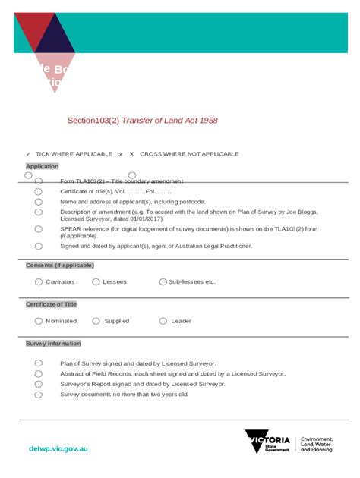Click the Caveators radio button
tap(39, 281)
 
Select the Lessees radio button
tap(96, 281)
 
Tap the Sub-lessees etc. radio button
tap(163, 281)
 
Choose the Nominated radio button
tap(39, 321)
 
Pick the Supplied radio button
tap(96, 321)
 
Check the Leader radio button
tap(163, 321)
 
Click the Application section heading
tap(43, 166)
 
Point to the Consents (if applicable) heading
tap(60, 265)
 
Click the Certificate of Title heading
tap(52, 304)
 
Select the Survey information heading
tap(53, 344)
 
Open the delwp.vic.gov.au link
tap(58, 448)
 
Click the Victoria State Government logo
tap(267, 442)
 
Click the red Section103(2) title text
tap(143, 121)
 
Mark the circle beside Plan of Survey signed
tap(38, 363)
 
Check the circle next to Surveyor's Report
tap(38, 384)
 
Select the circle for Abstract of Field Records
tap(38, 373)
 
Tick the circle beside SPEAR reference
tap(38, 228)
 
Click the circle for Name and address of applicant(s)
tap(38, 202)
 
